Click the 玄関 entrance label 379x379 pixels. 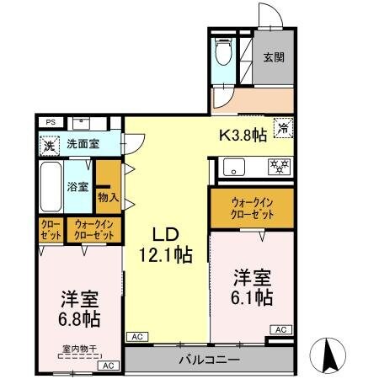click(272, 57)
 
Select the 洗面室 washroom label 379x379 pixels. click(83, 144)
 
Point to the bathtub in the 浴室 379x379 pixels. click(51, 184)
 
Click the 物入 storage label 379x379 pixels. click(108, 197)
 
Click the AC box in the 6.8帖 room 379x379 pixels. click(108, 366)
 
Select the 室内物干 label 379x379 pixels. click(79, 348)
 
